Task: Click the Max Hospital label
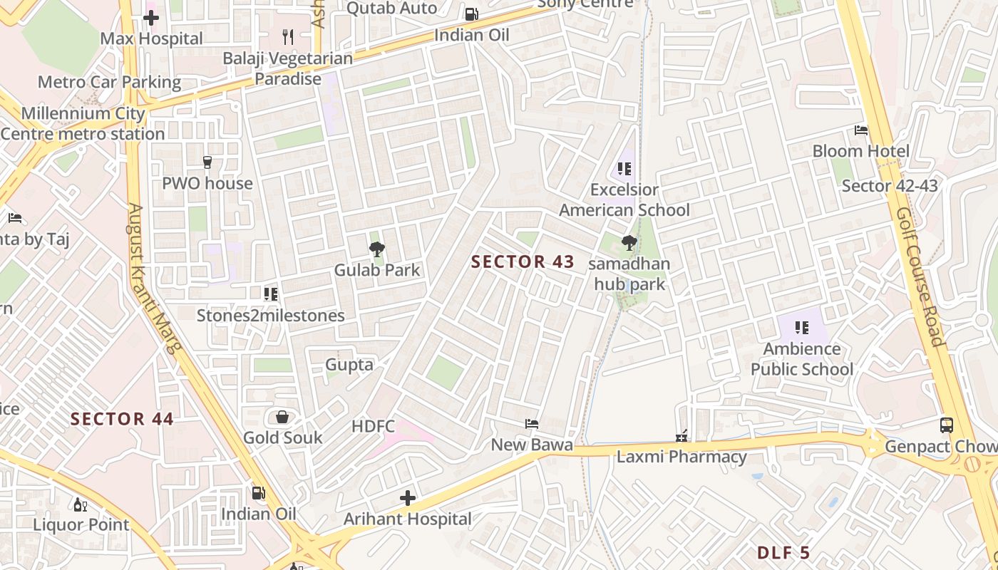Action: tap(151, 38)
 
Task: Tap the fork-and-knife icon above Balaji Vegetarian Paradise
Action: tap(288, 36)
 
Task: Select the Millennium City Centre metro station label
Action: tap(83, 123)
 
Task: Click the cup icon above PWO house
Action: tap(207, 162)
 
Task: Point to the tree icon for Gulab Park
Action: tap(377, 249)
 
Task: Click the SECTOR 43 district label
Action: tap(523, 262)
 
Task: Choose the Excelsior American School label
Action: tap(624, 199)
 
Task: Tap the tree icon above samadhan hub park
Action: tap(629, 244)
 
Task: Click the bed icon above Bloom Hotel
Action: tap(861, 130)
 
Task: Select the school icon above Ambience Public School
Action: tap(802, 328)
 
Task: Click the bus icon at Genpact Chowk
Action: tap(947, 425)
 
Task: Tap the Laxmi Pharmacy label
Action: tap(681, 457)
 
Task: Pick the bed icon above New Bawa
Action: tap(532, 424)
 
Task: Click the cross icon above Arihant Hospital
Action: tap(408, 498)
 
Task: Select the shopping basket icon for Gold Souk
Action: tap(282, 417)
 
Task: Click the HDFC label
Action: tap(373, 426)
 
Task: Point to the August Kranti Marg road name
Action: tap(155, 278)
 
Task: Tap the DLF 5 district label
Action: tap(783, 552)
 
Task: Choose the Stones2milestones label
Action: tap(271, 315)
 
